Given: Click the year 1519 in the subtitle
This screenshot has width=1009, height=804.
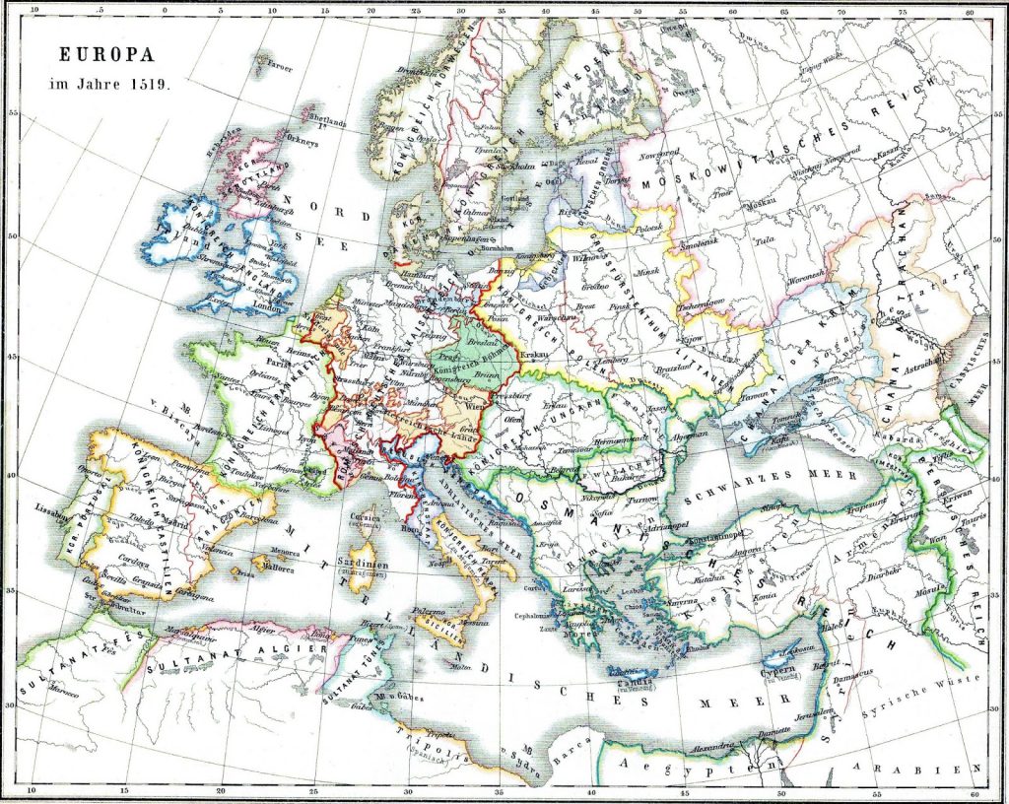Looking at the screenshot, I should point(151,84).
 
